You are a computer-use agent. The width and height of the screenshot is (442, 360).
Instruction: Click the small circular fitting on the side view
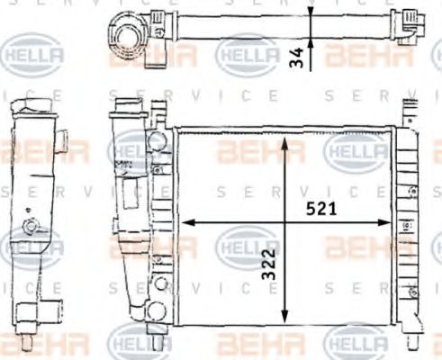click(x=32, y=227)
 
